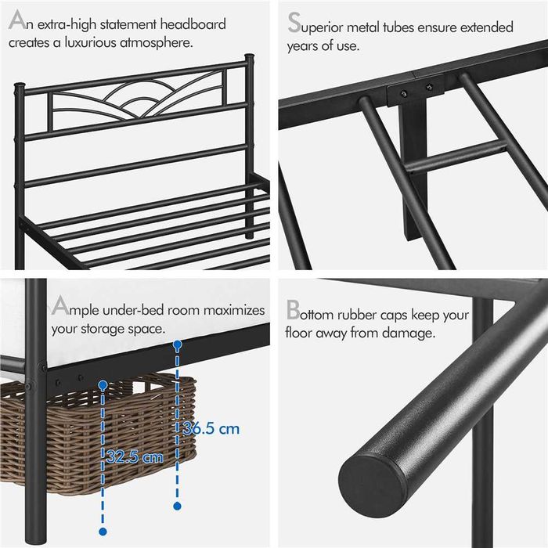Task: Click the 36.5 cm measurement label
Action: click(x=211, y=429)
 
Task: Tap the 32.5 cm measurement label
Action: click(x=135, y=456)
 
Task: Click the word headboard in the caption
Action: click(x=193, y=24)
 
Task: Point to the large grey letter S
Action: click(x=294, y=23)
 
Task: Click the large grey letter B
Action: click(x=293, y=310)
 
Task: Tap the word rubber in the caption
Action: click(x=357, y=315)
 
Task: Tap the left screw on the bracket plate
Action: click(x=404, y=93)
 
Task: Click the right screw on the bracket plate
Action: click(x=430, y=86)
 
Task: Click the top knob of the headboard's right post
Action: click(x=249, y=57)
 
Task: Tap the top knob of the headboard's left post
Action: click(x=20, y=85)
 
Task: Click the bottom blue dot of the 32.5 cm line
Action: click(x=103, y=532)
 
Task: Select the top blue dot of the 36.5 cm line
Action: click(x=178, y=344)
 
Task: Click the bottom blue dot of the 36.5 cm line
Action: click(x=177, y=506)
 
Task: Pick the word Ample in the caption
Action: click(x=75, y=307)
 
